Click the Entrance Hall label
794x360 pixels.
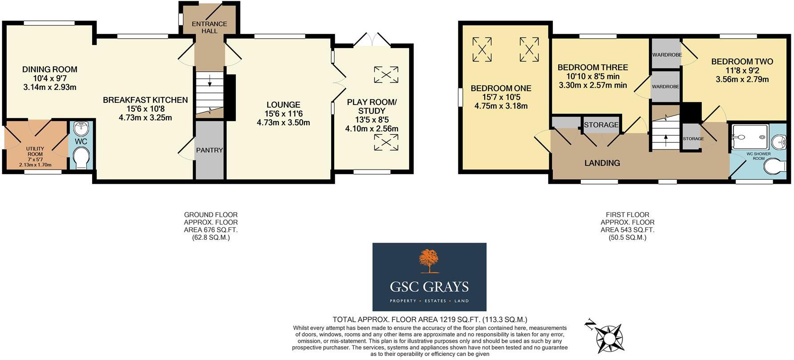click(x=209, y=27)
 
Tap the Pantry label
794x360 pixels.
click(x=209, y=150)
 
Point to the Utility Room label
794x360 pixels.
click(x=35, y=151)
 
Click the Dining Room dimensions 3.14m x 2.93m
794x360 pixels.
click(x=49, y=87)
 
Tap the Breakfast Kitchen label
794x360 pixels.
click(x=145, y=100)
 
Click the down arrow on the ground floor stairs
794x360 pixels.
click(x=209, y=83)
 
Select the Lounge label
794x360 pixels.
click(x=283, y=105)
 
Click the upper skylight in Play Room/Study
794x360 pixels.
click(x=386, y=74)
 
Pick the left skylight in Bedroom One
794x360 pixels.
click(x=482, y=49)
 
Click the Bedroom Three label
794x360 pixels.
click(x=592, y=68)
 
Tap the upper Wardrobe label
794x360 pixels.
click(x=666, y=55)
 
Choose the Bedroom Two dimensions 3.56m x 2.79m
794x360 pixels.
click(x=742, y=80)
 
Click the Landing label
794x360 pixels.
click(x=602, y=163)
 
